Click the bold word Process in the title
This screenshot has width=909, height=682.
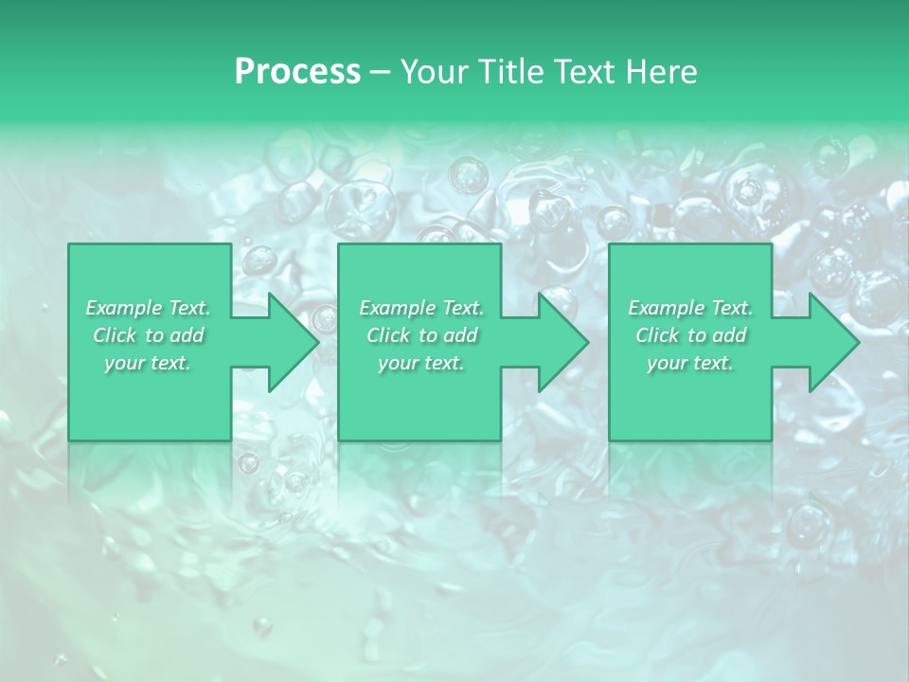[x=297, y=72]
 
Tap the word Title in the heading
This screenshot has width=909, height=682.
[x=509, y=72]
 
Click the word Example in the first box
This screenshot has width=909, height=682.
[x=122, y=308]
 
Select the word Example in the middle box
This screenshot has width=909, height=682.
[x=396, y=308]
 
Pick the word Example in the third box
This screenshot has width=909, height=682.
[x=665, y=308]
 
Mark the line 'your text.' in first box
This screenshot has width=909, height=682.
[x=148, y=363]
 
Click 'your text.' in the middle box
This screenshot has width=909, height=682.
[x=420, y=363]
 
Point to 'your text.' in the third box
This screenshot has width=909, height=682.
[x=689, y=363]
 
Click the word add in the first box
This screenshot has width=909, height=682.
[x=187, y=335]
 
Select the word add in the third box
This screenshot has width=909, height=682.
[x=730, y=335]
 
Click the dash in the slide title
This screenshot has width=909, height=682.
[x=381, y=72]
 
